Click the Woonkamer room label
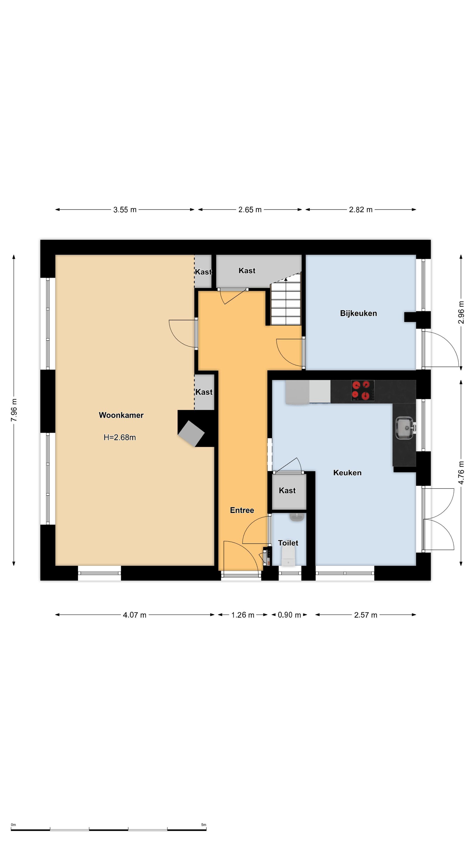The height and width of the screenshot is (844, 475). [121, 415]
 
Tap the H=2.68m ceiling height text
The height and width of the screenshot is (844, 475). [120, 438]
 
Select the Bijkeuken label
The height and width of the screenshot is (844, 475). [358, 313]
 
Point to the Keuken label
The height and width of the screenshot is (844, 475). [347, 472]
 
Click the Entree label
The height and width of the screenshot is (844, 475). [242, 510]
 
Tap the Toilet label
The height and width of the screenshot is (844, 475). [288, 543]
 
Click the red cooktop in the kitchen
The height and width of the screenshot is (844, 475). [363, 391]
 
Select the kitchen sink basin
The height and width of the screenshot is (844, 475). [405, 428]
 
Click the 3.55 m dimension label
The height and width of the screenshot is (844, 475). [125, 210]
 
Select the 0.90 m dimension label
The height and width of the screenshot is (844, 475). [289, 615]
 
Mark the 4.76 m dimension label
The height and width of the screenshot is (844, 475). [461, 472]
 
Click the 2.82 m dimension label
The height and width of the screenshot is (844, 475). [361, 210]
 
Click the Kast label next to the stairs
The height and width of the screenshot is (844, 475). [247, 270]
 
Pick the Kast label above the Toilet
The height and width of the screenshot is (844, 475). [287, 491]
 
